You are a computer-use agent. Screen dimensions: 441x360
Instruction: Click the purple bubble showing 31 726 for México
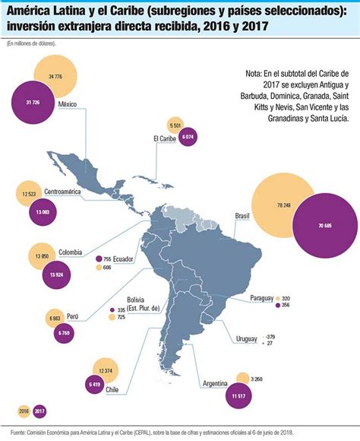[33, 103]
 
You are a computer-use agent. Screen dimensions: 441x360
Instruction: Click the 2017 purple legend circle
[39, 411]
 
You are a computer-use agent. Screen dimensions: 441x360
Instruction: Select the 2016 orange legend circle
[23, 411]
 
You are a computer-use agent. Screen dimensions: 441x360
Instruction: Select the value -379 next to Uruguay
[270, 336]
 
